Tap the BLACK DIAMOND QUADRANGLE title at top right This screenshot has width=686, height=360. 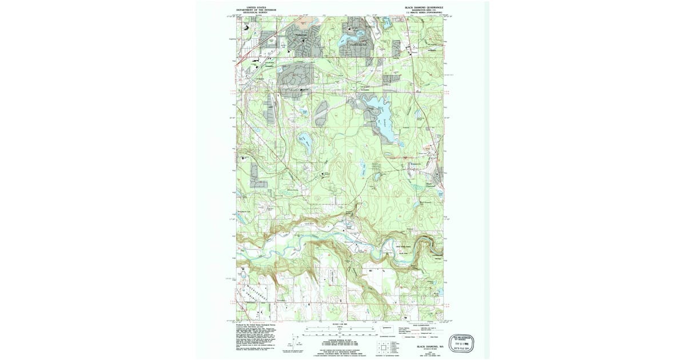click(424, 7)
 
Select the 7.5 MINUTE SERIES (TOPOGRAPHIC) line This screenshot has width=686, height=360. click(424, 13)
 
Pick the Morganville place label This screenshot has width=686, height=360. click(421, 164)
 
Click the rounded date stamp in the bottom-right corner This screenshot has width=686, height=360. click(464, 342)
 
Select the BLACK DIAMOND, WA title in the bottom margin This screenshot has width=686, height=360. click(428, 346)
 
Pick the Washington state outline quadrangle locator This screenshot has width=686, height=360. click(387, 329)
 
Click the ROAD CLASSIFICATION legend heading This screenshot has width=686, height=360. click(425, 324)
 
